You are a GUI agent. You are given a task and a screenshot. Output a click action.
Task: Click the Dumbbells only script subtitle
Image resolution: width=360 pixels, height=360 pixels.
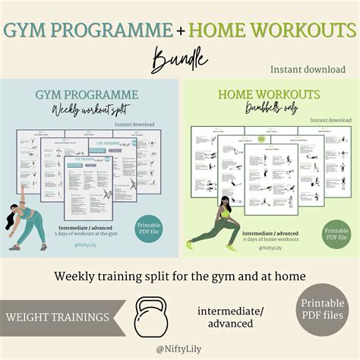coord(270,109)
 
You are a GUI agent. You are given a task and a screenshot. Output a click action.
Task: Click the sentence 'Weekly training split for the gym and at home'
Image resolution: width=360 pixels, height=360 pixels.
coord(179,276)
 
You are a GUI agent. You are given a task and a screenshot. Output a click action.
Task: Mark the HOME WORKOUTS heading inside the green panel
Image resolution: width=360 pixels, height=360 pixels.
coord(270,95)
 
